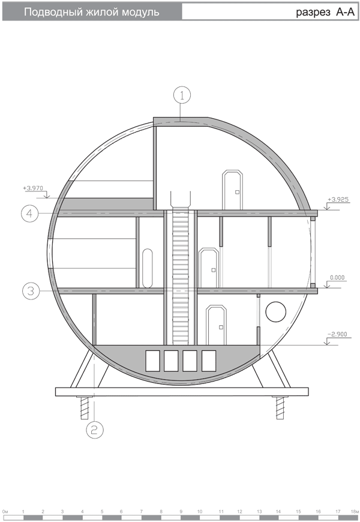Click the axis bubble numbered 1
coord(182,95)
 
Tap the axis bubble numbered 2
coord(95,430)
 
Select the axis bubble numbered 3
coord(31,291)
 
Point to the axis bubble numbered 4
coord(29,213)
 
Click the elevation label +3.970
coord(33,188)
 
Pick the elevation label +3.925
coord(338,199)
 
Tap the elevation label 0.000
coord(337,278)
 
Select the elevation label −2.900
coord(337,334)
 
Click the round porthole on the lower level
coord(276,312)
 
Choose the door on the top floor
coord(233,190)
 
